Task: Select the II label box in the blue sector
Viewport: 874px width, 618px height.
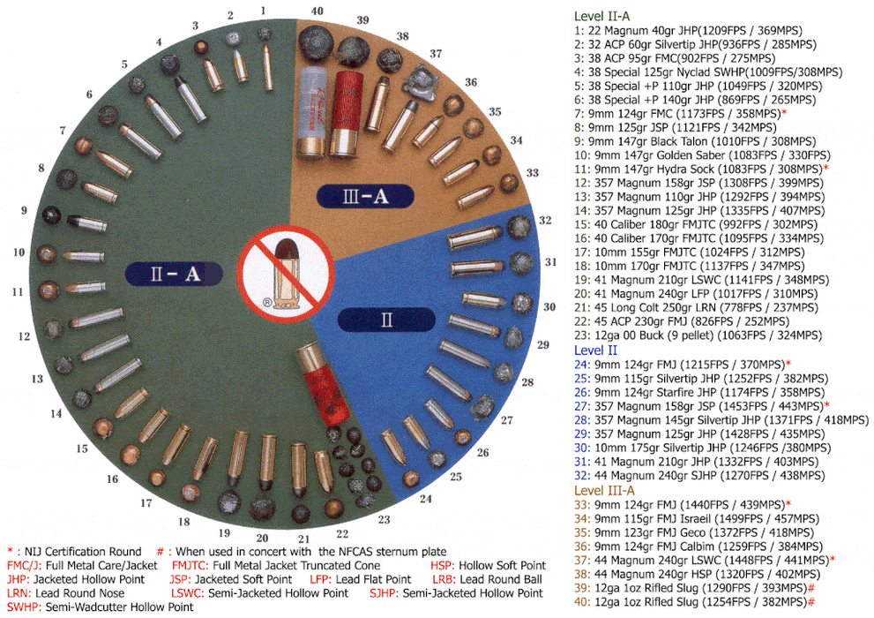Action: [x=386, y=320]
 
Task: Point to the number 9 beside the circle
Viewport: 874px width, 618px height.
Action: [x=24, y=211]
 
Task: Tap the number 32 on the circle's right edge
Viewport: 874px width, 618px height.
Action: [x=545, y=220]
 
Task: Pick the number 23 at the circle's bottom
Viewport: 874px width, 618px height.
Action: [x=385, y=520]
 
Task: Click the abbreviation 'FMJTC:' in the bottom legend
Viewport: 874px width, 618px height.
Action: [x=192, y=565]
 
